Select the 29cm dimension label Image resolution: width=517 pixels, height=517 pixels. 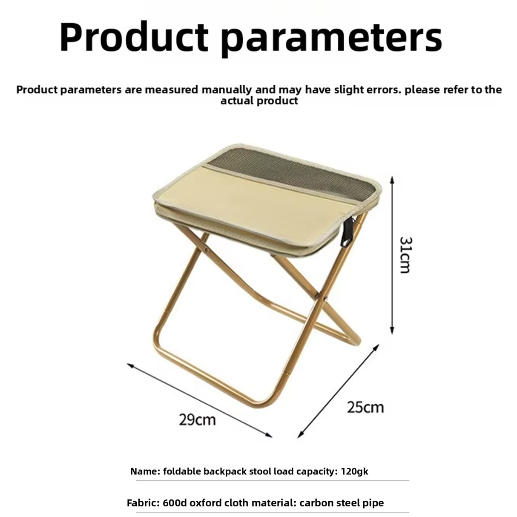pyautogui.click(x=197, y=420)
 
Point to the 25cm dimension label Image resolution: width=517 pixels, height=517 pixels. pyautogui.click(x=365, y=407)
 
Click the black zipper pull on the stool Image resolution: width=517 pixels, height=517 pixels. pyautogui.click(x=347, y=233)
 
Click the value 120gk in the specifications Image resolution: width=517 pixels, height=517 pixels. pyautogui.click(x=355, y=471)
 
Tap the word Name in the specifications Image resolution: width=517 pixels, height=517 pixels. pyautogui.click(x=144, y=471)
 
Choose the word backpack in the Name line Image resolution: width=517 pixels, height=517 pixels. pyautogui.click(x=223, y=471)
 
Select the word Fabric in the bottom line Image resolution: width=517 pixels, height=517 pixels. pyautogui.click(x=143, y=503)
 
